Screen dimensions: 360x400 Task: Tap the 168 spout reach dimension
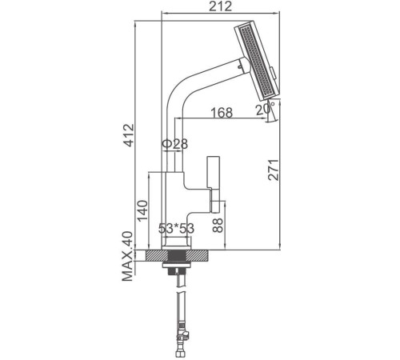(x=222, y=111)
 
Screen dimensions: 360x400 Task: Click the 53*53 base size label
(x=176, y=230)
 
